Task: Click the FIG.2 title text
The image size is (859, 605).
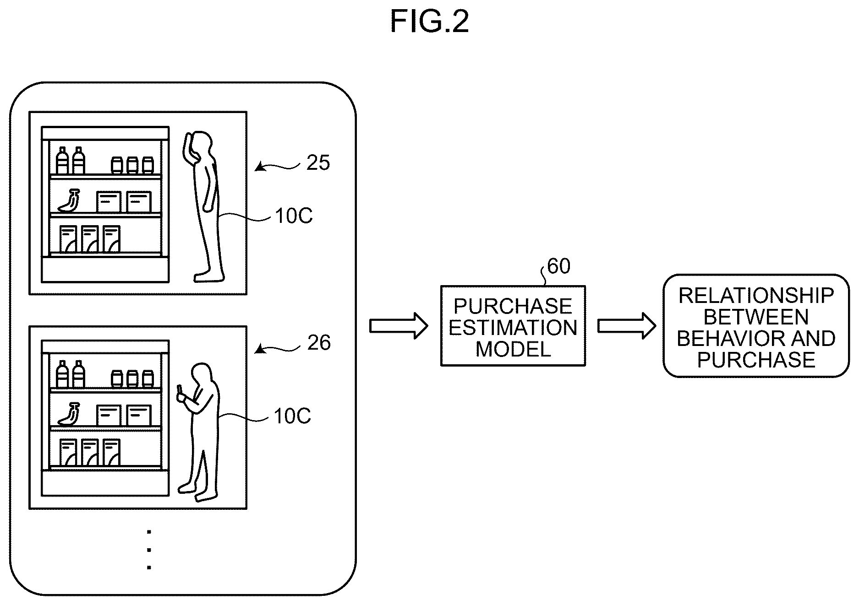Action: tap(429, 22)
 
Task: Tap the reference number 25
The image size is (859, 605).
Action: tap(318, 163)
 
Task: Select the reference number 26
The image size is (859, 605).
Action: tap(318, 343)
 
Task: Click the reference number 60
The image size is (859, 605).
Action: tap(558, 266)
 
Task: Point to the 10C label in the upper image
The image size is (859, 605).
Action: tap(294, 216)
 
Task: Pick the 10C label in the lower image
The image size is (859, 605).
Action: tap(292, 416)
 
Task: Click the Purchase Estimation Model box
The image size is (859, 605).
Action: tap(513, 326)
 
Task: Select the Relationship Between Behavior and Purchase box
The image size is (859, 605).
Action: tap(756, 326)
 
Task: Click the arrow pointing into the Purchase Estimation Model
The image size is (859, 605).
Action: tap(399, 326)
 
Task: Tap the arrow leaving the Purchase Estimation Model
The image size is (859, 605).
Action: tap(627, 326)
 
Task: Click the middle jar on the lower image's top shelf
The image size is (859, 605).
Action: tap(132, 378)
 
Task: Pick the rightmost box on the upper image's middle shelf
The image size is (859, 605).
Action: tap(139, 202)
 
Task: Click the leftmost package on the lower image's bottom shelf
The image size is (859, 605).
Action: tap(68, 452)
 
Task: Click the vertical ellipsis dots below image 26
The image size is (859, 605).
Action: tap(149, 550)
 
